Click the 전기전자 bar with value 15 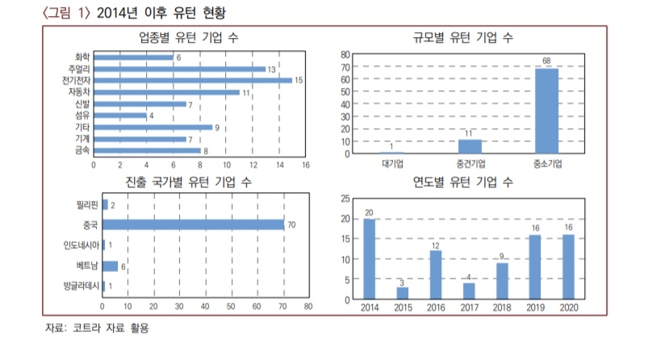click(193, 81)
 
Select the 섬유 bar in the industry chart click(120, 115)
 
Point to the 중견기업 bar click(470, 146)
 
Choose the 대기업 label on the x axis click(392, 164)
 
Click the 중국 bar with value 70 click(193, 224)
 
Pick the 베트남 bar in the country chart click(110, 265)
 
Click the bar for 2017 click(468, 291)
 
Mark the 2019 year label click(535, 308)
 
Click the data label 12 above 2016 click(435, 245)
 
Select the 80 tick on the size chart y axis click(345, 55)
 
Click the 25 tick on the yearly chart click(345, 199)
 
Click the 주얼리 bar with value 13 click(179, 69)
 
